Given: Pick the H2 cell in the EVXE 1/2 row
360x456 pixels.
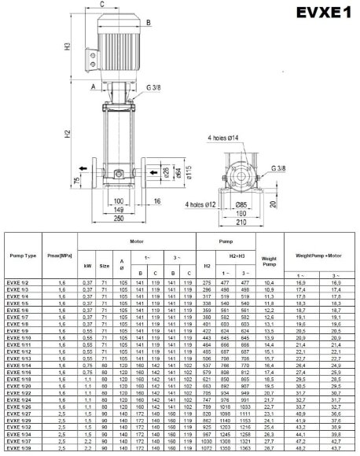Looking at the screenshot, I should click(x=208, y=281).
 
